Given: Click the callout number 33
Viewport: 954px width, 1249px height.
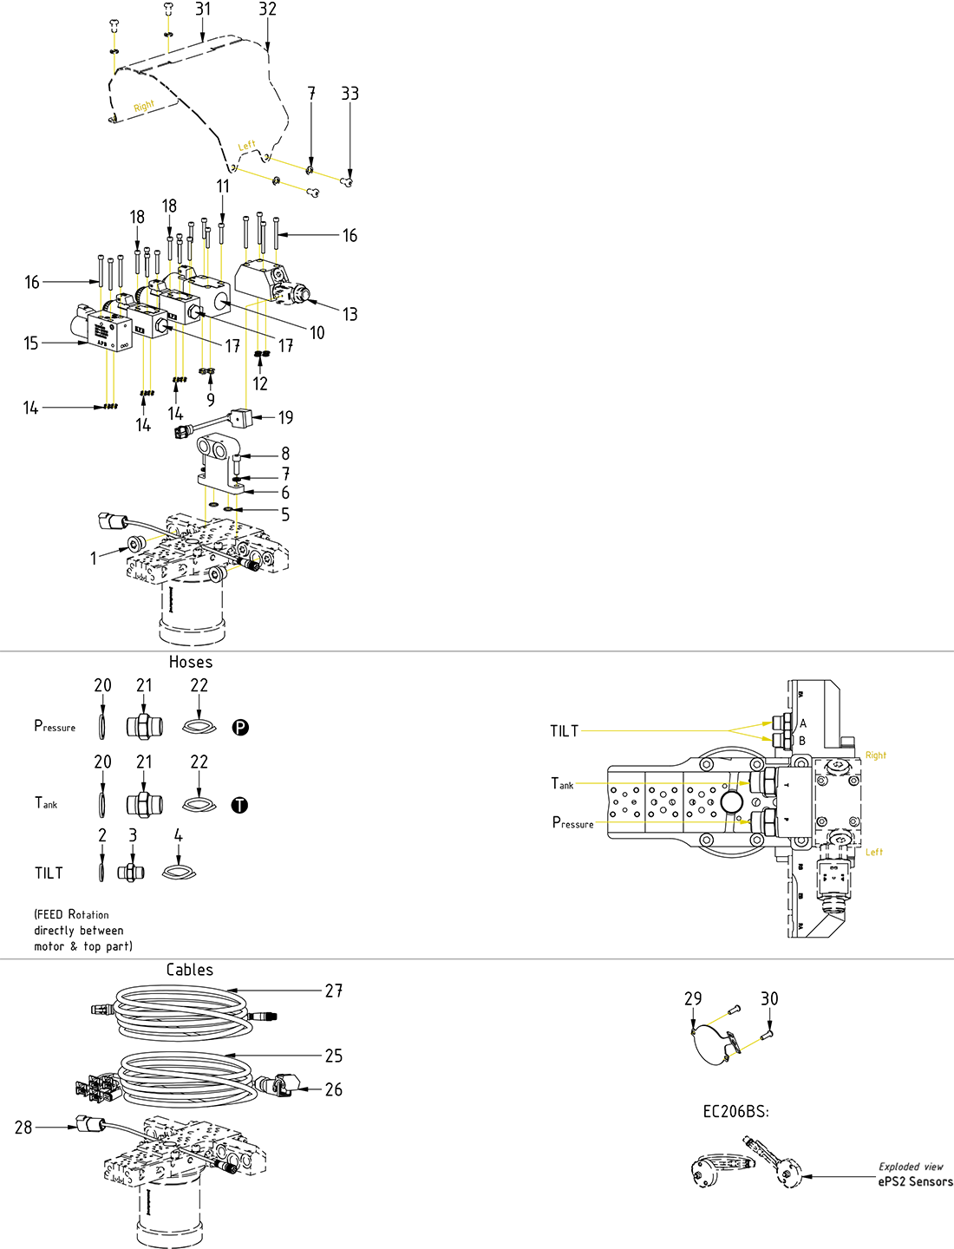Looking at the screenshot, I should click(x=350, y=94).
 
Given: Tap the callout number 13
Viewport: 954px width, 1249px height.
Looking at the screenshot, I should click(x=350, y=314).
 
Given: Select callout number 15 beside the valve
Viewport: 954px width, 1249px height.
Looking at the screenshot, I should click(x=31, y=343).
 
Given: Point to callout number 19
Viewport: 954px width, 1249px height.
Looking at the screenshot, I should click(x=285, y=418).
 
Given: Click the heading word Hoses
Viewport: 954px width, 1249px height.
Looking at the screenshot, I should click(x=191, y=662).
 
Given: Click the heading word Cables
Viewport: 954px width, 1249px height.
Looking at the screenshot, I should click(x=190, y=970).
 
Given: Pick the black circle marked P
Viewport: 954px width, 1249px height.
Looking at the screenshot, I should click(x=240, y=728).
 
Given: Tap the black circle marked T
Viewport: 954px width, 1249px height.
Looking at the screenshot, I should click(x=239, y=805).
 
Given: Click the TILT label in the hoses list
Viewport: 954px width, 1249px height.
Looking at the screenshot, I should click(x=49, y=873).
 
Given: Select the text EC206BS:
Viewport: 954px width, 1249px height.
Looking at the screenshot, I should click(x=735, y=1111).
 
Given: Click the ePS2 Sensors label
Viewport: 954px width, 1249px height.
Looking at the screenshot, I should click(x=915, y=1181).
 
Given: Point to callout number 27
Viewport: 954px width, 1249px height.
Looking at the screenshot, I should click(x=334, y=991).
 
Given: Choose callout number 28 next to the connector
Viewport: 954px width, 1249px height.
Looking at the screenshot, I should click(x=23, y=1128).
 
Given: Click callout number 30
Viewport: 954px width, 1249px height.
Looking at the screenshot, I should click(x=769, y=999).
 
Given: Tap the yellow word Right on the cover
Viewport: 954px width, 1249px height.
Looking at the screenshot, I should click(x=144, y=106).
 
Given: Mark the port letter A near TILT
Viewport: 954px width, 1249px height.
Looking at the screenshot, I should click(x=803, y=723).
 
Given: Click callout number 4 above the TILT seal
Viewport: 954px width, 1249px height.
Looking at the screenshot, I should click(x=178, y=835).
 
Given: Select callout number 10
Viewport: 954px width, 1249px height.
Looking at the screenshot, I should click(x=317, y=333).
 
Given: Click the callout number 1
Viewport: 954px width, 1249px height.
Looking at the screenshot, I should click(x=94, y=559).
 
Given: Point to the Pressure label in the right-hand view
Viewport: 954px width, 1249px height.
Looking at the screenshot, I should click(x=573, y=822).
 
